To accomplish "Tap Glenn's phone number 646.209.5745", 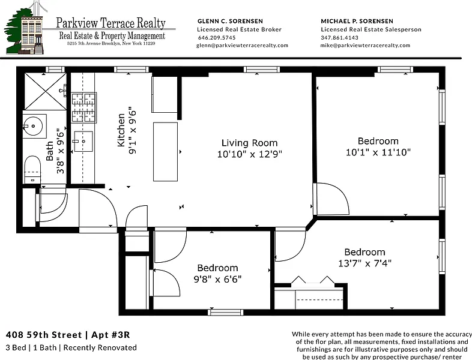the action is point(217,38).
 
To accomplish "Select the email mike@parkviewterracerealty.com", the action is point(365,46).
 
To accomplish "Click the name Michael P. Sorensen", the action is point(357,21).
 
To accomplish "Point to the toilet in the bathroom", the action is point(32,169).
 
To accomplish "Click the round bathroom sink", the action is point(33,126).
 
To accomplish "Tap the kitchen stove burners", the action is point(83,107).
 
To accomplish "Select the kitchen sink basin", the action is point(83,141).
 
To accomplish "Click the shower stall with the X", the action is point(45,91).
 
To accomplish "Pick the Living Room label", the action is point(250,143).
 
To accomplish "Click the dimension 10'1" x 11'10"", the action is point(378,152).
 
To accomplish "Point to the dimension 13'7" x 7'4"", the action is point(365,263).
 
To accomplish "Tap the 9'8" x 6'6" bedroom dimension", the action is point(217,280).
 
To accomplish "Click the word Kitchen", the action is point(121,130).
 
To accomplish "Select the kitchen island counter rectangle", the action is point(165,152).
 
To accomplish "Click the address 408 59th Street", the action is point(44,335).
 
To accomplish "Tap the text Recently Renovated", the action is point(100,347).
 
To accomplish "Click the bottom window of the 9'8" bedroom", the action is point(226,312).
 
